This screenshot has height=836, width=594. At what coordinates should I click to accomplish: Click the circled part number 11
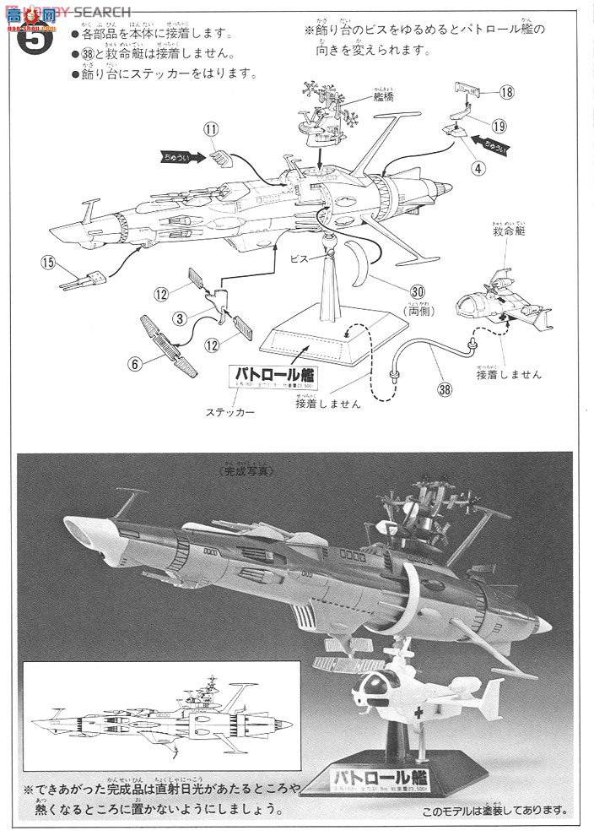[210, 130]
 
